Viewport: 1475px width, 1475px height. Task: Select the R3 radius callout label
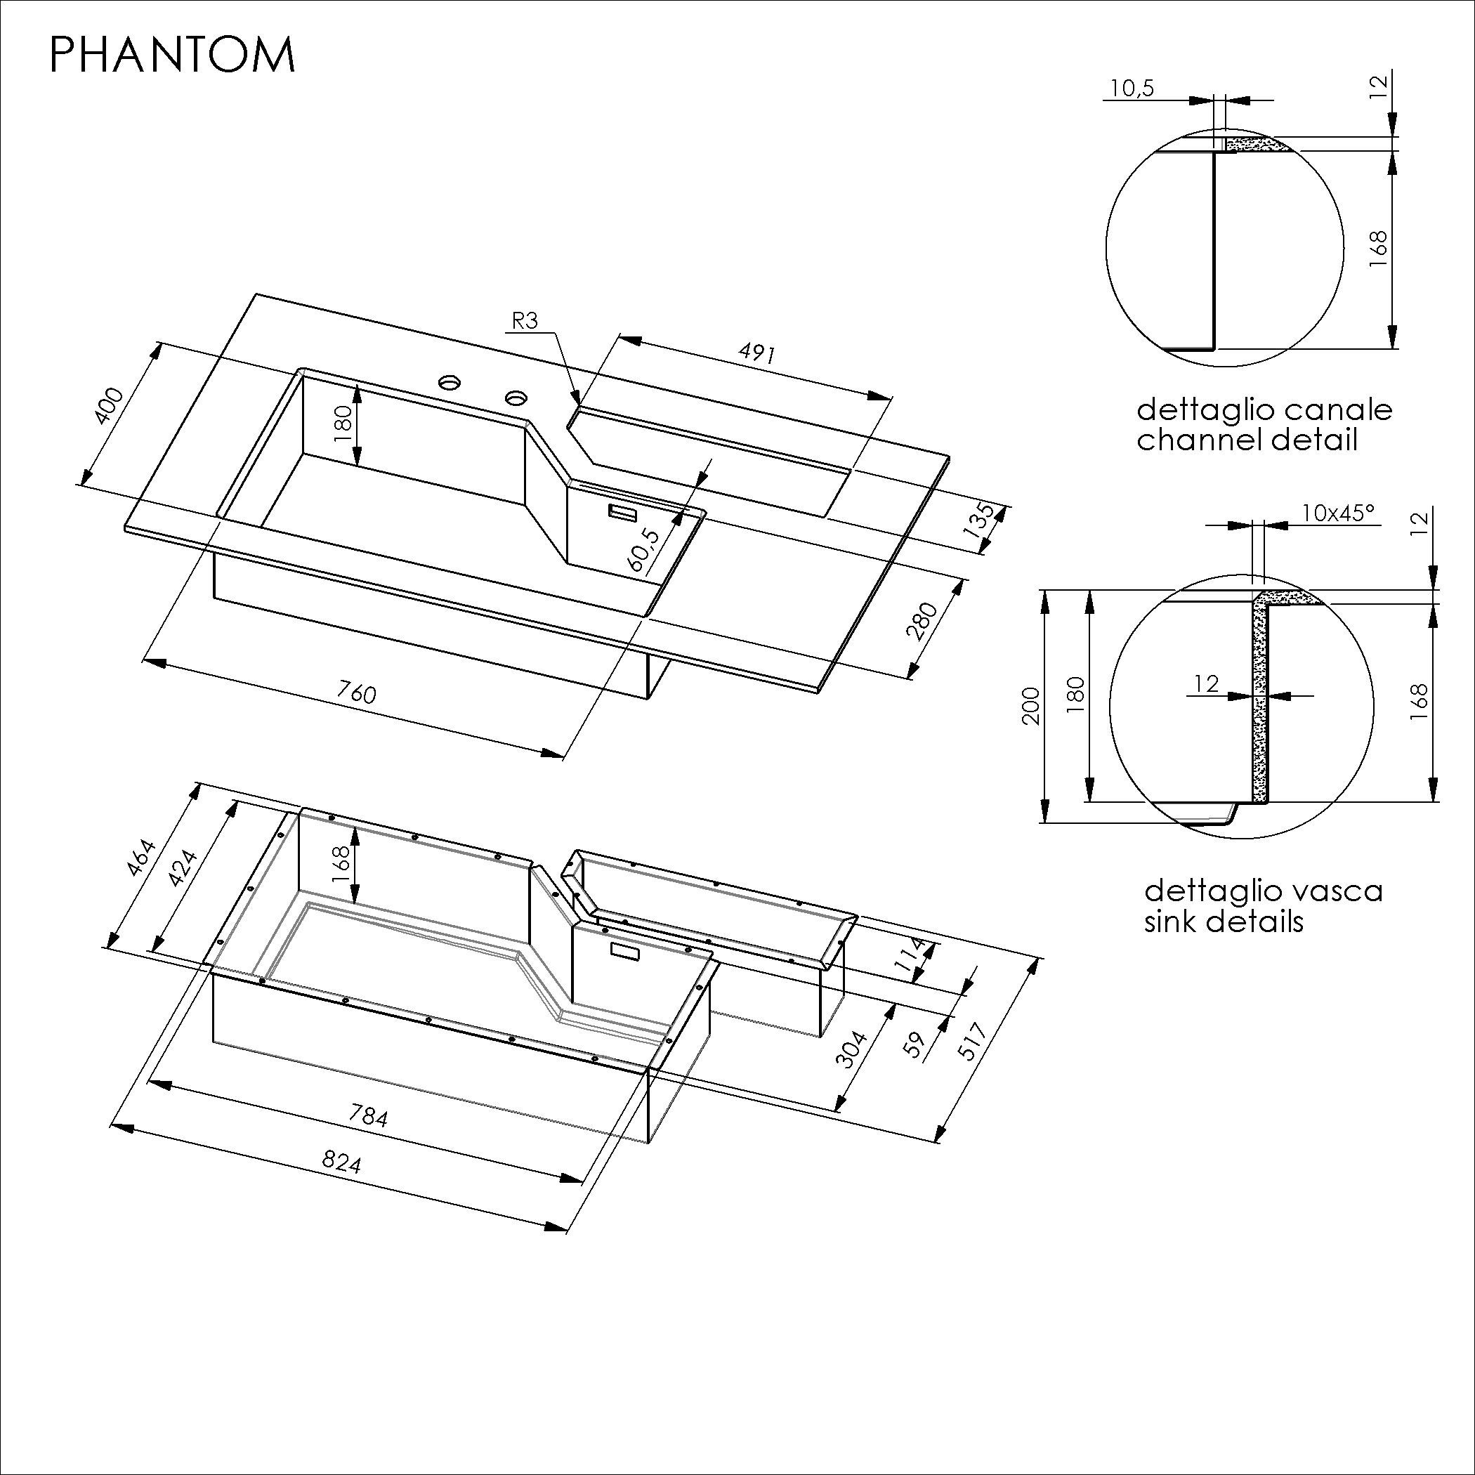[x=525, y=322]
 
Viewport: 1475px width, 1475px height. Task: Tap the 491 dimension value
[x=756, y=353]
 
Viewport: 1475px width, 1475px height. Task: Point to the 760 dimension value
[x=357, y=693]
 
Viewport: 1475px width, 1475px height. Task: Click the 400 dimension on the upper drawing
[x=107, y=405]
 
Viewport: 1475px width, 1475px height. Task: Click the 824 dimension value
[x=341, y=1162]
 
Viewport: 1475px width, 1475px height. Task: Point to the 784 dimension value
[x=368, y=1117]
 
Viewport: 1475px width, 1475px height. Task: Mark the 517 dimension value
[x=976, y=1040]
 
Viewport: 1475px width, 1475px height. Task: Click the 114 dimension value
[x=913, y=957]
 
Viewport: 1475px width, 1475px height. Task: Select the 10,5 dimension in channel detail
[x=1132, y=88]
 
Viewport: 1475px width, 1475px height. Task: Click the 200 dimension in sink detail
[x=1030, y=706]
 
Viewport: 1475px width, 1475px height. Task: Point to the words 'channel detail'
[x=1247, y=440]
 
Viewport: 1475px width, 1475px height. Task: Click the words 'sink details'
[x=1223, y=922]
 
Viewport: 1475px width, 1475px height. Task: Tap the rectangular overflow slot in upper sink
[x=622, y=512]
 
